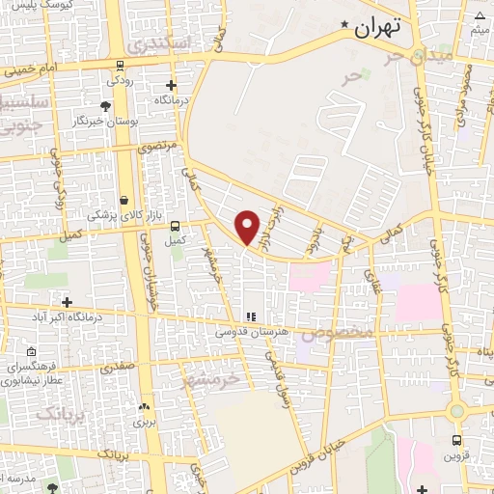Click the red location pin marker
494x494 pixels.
click(x=248, y=227)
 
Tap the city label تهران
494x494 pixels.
click(x=376, y=28)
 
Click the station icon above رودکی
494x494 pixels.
click(x=120, y=66)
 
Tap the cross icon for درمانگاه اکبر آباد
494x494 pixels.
click(x=67, y=302)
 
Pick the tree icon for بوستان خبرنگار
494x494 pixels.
click(x=104, y=105)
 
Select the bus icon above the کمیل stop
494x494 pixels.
click(x=175, y=226)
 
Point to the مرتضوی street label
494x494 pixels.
click(x=157, y=148)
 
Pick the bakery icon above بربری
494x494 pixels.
click(x=144, y=407)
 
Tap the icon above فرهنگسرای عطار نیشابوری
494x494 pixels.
click(x=33, y=353)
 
